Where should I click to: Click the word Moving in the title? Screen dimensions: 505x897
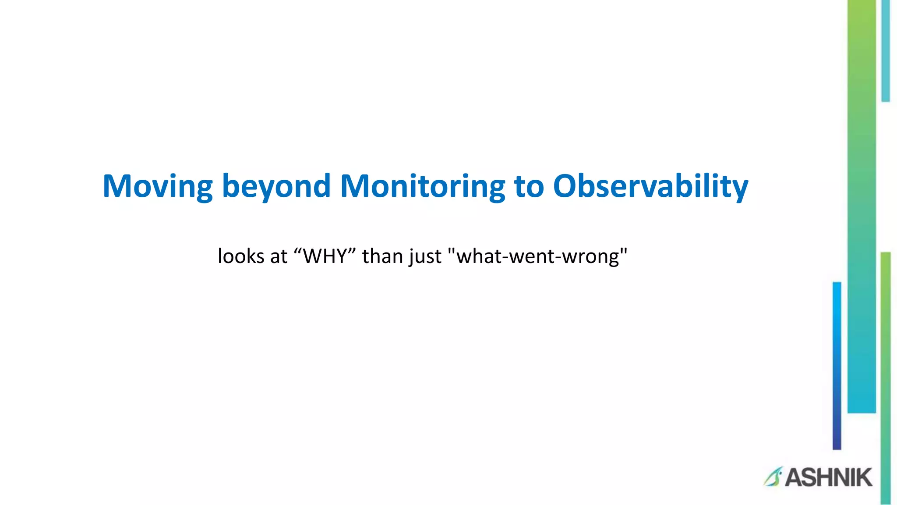pyautogui.click(x=157, y=186)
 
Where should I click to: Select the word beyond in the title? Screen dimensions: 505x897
pyautogui.click(x=276, y=186)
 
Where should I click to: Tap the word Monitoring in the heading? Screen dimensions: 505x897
pyautogui.click(x=422, y=186)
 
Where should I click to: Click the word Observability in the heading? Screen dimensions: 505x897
pyautogui.click(x=650, y=186)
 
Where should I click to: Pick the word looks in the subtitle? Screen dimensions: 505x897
pyautogui.click(x=240, y=256)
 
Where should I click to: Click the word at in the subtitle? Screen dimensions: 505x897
pyautogui.click(x=279, y=256)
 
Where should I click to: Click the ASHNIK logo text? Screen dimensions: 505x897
pyautogui.click(x=828, y=477)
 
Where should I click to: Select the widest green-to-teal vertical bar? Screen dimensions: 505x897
pyautogui.click(x=861, y=206)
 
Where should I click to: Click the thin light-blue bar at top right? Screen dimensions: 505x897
pyautogui.click(x=885, y=50)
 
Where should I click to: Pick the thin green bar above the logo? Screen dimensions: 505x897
pyautogui.click(x=885, y=377)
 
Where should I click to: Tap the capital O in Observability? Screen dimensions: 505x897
pyautogui.click(x=567, y=186)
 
